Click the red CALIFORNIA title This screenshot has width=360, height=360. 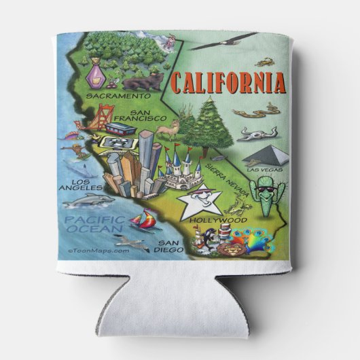[228, 82]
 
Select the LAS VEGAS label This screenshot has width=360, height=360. [262, 169]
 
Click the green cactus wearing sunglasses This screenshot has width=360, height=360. [266, 194]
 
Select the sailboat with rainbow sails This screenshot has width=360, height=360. [145, 219]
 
